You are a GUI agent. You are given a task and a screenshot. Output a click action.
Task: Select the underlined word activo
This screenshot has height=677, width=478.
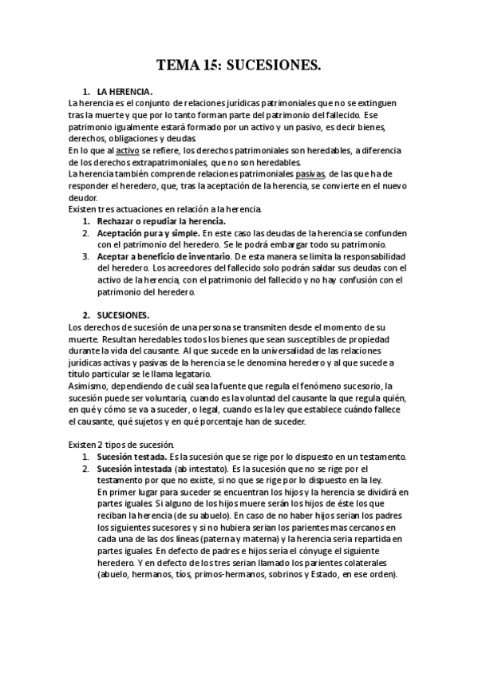tap(127, 150)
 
